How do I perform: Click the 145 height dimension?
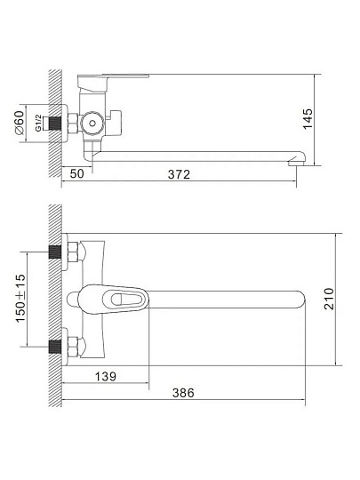click(308, 119)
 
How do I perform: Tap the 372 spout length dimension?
click(179, 174)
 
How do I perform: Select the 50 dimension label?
click(76, 173)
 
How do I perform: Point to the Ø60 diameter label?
click(19, 123)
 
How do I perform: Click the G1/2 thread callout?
click(38, 123)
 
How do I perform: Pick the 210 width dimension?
click(329, 299)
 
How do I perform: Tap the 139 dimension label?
click(106, 376)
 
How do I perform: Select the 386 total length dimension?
click(183, 393)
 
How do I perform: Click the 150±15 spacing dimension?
click(20, 298)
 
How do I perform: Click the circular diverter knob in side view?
click(92, 124)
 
